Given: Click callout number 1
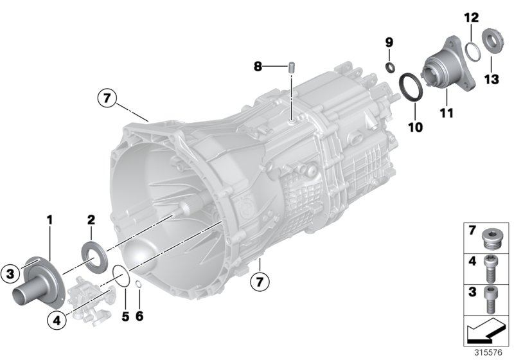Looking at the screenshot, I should click(49, 221).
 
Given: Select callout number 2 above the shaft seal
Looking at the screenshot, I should click(91, 221).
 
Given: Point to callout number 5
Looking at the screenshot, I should click(125, 316).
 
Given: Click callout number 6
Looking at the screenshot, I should click(139, 316).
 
